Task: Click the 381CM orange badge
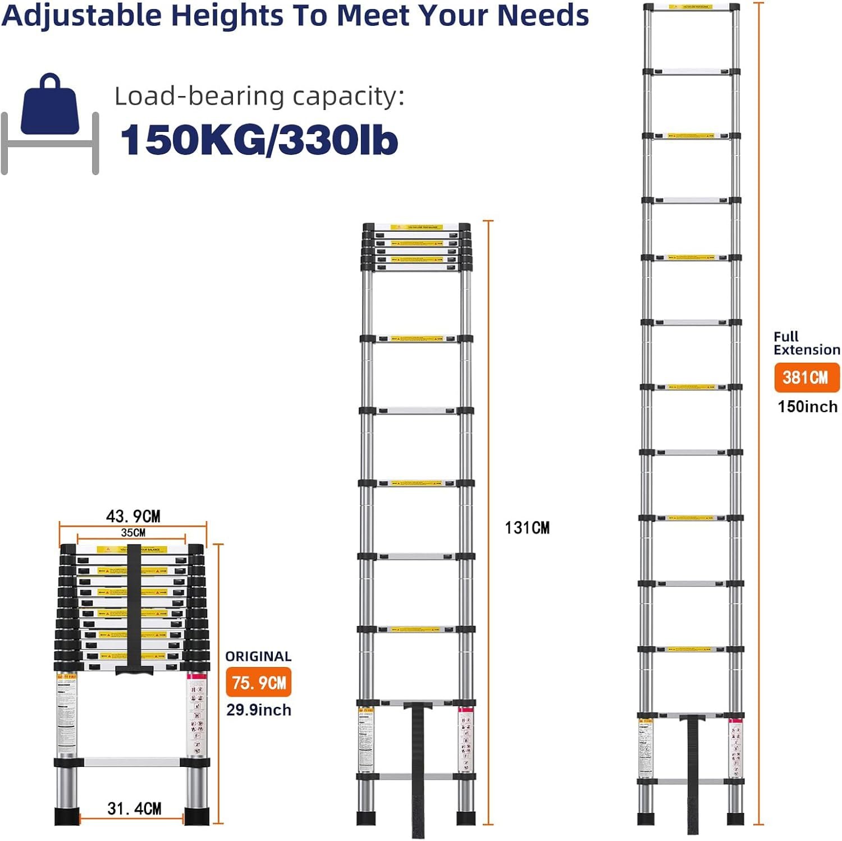[807, 377]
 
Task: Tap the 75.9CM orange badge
[259, 682]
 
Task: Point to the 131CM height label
[527, 528]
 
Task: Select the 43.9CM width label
[133, 516]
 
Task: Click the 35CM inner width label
[133, 532]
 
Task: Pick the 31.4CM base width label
[134, 808]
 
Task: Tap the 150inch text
[807, 406]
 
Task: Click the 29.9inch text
[259, 710]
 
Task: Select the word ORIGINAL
[258, 656]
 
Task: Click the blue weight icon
[50, 107]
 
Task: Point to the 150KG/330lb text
[259, 140]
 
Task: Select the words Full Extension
[806, 343]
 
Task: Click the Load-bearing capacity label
[259, 96]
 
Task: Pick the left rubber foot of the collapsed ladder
[67, 816]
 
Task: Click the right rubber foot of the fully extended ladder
[735, 819]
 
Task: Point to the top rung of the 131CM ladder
[417, 227]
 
